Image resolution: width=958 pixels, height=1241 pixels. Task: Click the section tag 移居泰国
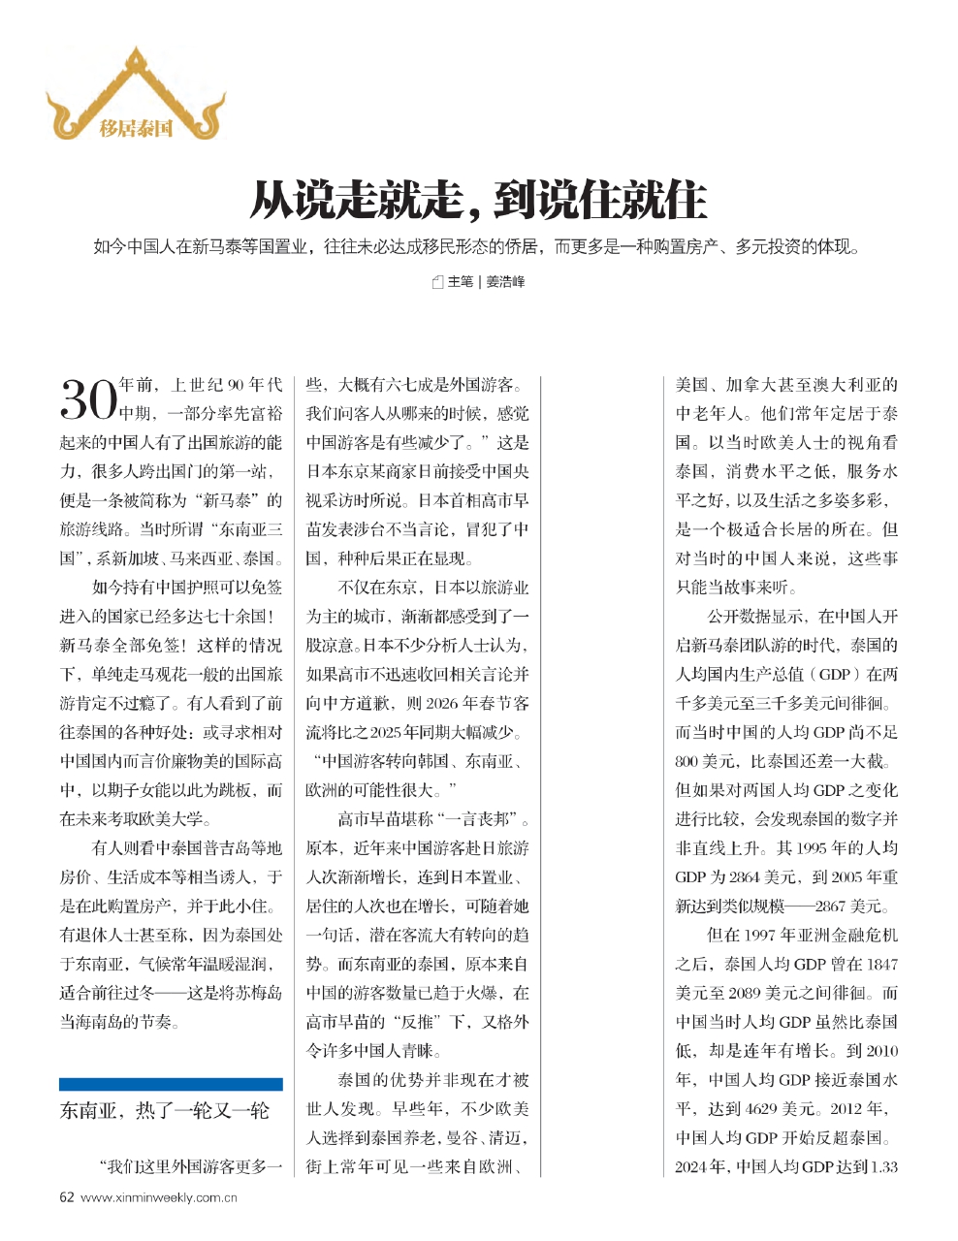[136, 127]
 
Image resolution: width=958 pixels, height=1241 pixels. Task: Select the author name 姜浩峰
[505, 282]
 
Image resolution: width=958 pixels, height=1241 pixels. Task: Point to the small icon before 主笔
[437, 282]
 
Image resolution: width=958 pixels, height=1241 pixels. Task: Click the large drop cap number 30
[88, 398]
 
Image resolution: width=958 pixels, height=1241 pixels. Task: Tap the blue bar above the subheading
[171, 1084]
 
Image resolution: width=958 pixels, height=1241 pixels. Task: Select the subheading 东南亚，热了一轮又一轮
[165, 1111]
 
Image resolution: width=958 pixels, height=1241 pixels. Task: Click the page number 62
[67, 1197]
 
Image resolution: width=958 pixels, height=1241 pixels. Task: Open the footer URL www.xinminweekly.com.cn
[159, 1197]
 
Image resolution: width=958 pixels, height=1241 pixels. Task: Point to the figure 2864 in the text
[747, 877]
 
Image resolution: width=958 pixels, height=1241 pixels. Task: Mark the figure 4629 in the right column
[766, 1108]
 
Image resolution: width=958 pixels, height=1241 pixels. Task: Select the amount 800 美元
[706, 761]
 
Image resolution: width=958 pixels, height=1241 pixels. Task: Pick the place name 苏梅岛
[258, 993]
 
